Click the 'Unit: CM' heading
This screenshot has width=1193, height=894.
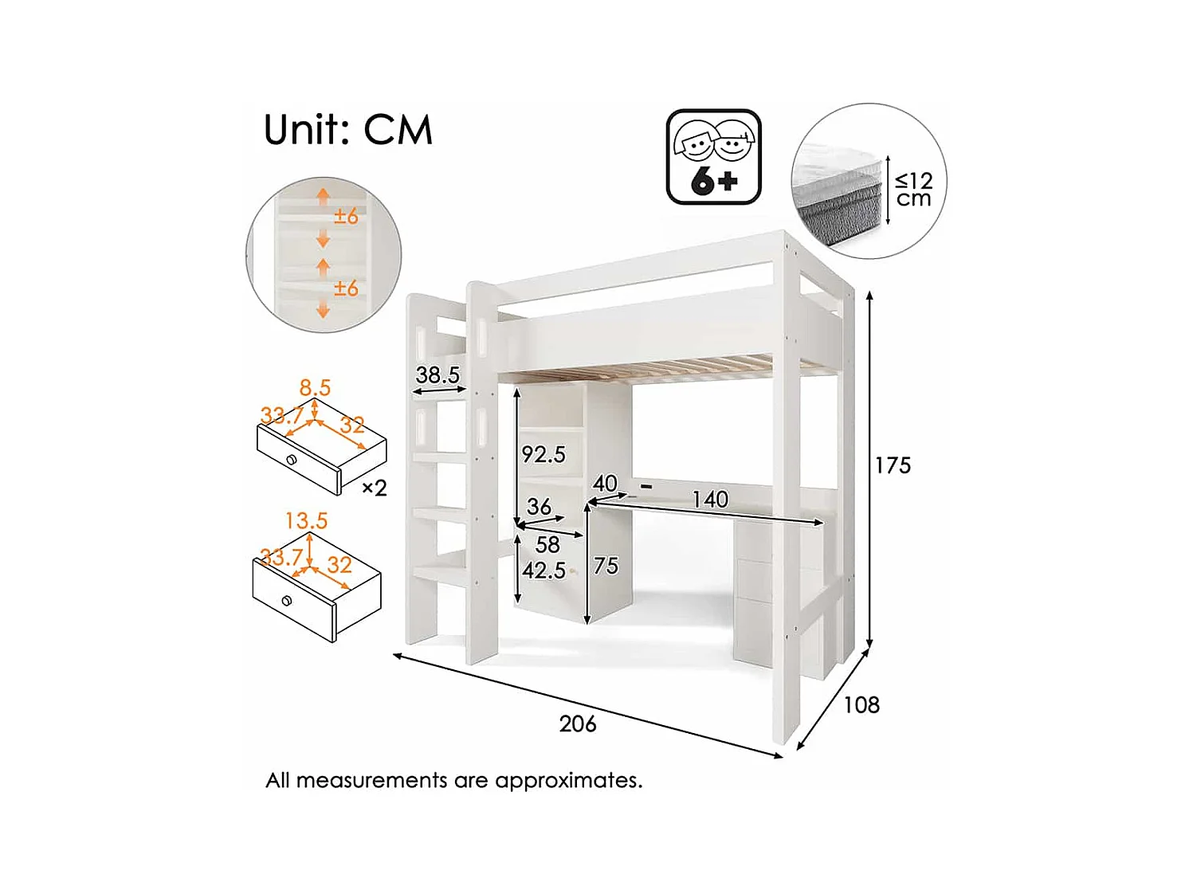(347, 130)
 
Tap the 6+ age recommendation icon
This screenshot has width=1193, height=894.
(713, 157)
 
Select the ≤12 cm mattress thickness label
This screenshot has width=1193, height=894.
(913, 190)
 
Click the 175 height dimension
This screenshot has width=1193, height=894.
(893, 465)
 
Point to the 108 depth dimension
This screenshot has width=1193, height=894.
(861, 705)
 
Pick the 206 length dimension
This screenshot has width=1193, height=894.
(578, 723)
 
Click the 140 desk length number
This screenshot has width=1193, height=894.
(710, 500)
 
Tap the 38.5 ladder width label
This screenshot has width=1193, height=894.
(438, 374)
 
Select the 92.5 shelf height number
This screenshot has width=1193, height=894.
(544, 455)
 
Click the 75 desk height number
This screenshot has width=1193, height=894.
(606, 566)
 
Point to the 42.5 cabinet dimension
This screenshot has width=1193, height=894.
(544, 571)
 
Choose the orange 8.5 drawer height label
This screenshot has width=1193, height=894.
(315, 388)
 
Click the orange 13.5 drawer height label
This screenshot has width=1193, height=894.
(307, 521)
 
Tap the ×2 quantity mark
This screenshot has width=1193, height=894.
(375, 488)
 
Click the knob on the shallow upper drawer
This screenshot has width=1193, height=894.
(292, 460)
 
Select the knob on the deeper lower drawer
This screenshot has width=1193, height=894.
(287, 601)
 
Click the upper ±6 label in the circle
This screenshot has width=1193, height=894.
(346, 216)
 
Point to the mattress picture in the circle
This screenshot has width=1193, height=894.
(838, 195)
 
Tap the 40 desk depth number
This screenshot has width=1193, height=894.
(605, 483)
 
